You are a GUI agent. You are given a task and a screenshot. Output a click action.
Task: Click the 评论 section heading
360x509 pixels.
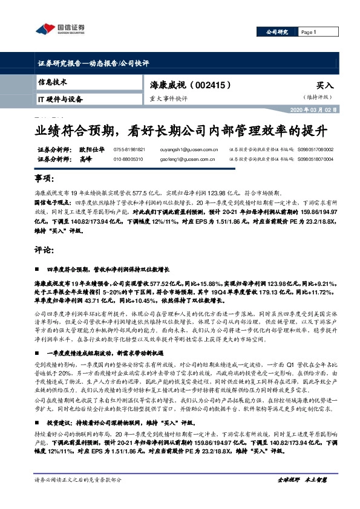[x=46, y=249]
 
